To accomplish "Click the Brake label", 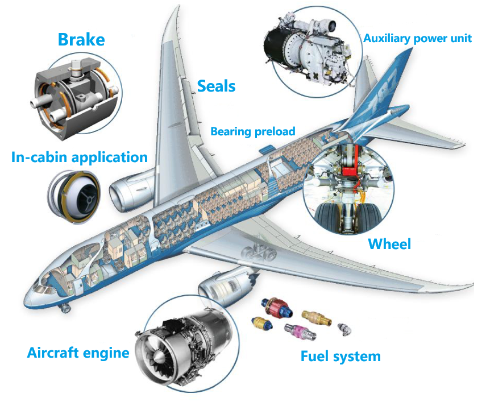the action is tap(81, 40).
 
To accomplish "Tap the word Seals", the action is tap(217, 86).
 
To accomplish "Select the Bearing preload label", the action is tap(252, 131).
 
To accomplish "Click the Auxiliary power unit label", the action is tap(417, 39).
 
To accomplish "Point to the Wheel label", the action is tap(389, 244).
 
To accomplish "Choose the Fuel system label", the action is tap(340, 356).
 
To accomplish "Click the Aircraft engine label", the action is tap(78, 353).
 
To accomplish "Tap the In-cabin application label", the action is tap(80, 158).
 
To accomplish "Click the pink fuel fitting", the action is tap(300, 332).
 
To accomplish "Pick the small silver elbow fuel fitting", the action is tap(344, 329).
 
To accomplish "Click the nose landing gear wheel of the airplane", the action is tap(65, 308).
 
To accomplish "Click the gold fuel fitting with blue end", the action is tap(262, 323).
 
